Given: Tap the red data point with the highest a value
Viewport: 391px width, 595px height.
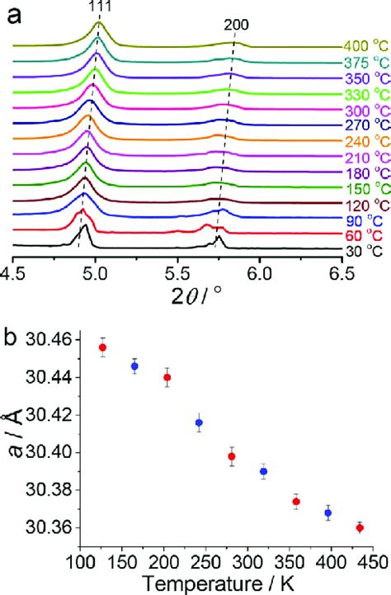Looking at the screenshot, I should point(102,347).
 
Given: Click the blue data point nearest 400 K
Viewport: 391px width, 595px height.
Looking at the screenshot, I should point(327,512).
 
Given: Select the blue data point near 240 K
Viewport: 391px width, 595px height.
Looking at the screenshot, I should point(199,423).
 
